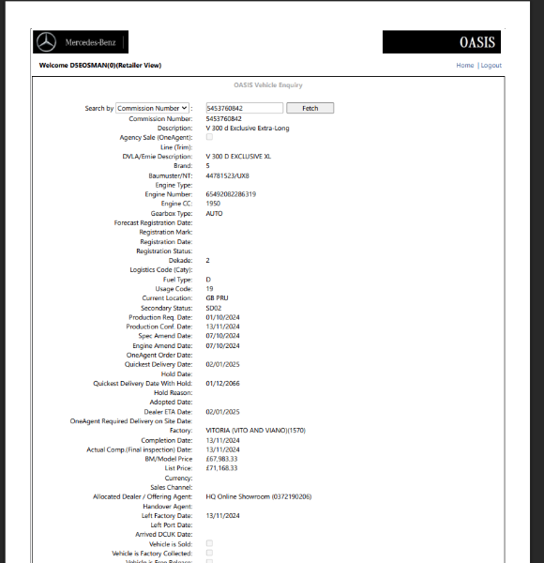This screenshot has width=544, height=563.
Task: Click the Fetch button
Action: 310,109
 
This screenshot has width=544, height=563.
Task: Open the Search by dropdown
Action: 153,109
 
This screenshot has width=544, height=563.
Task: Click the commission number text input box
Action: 244,109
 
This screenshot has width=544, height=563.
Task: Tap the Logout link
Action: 491,66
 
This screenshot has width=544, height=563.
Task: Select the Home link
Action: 465,66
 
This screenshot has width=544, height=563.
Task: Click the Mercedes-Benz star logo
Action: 46,42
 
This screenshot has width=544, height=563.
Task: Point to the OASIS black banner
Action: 441,42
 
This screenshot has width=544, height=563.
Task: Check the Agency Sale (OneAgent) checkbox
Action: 209,137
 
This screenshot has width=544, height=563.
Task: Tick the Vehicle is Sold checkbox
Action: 209,543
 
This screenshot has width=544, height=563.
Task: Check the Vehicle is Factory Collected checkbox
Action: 209,553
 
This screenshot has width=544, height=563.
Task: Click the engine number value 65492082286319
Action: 231,194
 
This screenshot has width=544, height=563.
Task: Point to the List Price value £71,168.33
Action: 221,467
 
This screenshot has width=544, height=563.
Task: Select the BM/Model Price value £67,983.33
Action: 221,458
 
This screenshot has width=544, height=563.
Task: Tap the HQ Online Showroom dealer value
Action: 258,495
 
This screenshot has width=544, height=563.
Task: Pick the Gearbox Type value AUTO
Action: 214,213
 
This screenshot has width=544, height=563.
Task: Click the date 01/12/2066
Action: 222,383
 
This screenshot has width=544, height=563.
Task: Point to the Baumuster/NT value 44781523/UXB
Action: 227,175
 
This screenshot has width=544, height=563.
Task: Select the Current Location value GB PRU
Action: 217,298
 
